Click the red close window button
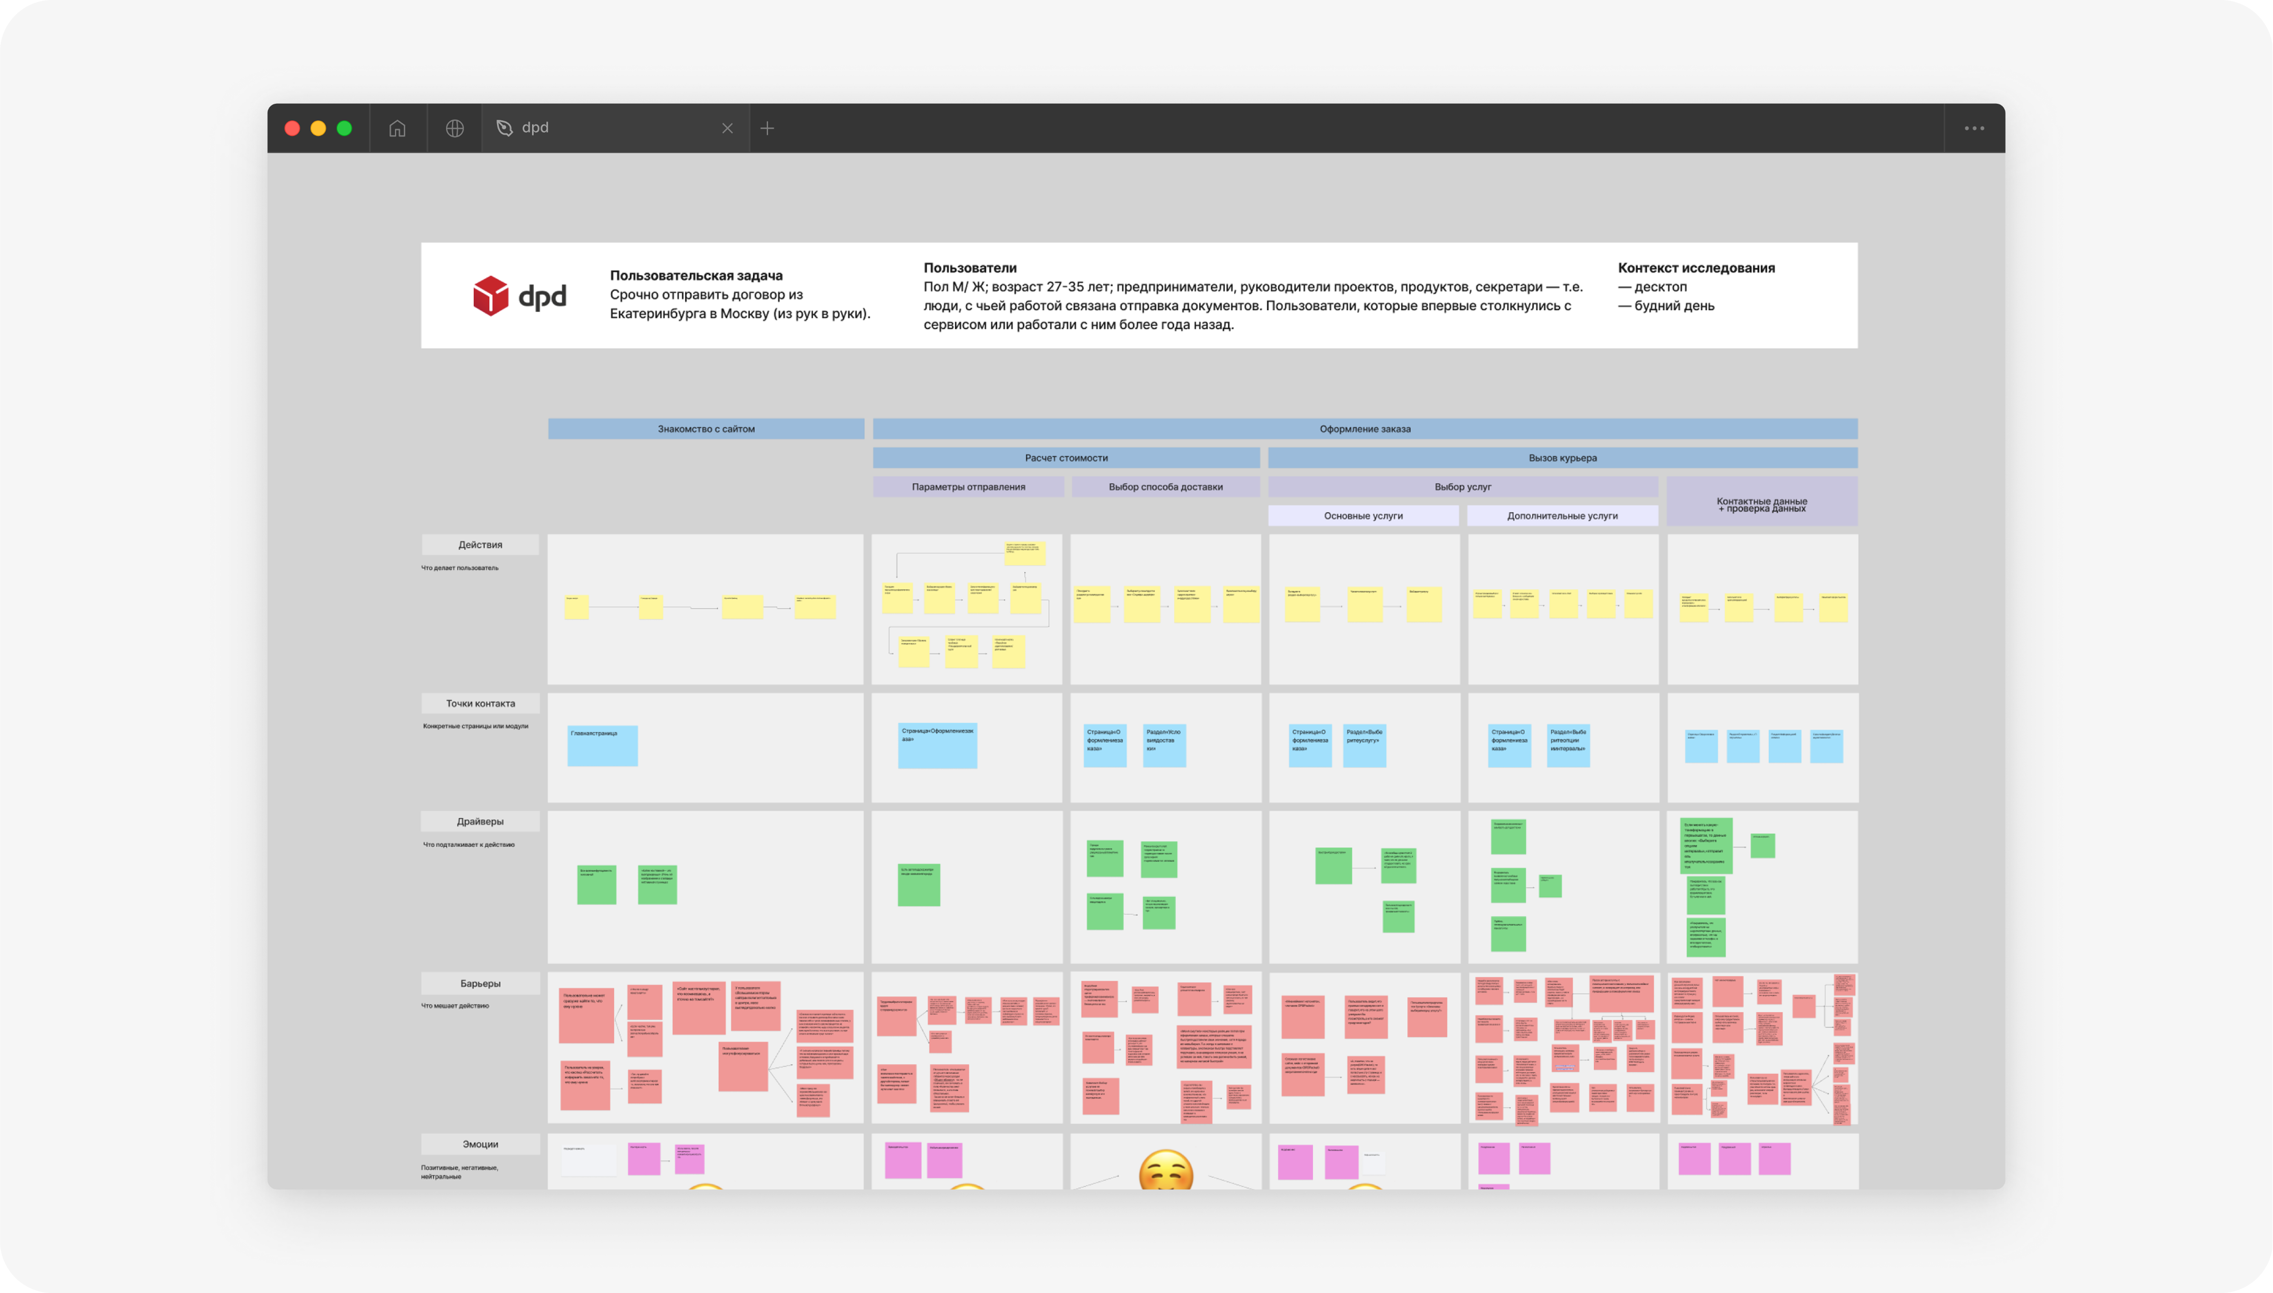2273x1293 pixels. (x=291, y=128)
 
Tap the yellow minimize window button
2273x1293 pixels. (x=318, y=128)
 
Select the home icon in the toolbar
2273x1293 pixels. (x=397, y=128)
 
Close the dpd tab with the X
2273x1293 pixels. (x=727, y=128)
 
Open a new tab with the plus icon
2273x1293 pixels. (x=767, y=128)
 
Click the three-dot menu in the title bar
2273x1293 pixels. (x=1974, y=128)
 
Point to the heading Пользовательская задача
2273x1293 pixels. (x=696, y=275)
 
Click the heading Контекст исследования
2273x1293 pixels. (x=1696, y=267)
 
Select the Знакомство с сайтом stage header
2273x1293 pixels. (x=706, y=429)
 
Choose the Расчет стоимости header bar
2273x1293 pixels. (x=1066, y=458)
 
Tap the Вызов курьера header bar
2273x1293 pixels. (x=1562, y=458)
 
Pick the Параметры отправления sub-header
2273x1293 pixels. (x=968, y=487)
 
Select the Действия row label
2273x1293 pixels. (x=480, y=544)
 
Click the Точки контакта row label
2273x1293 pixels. (x=480, y=703)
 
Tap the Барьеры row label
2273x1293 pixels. (x=480, y=983)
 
